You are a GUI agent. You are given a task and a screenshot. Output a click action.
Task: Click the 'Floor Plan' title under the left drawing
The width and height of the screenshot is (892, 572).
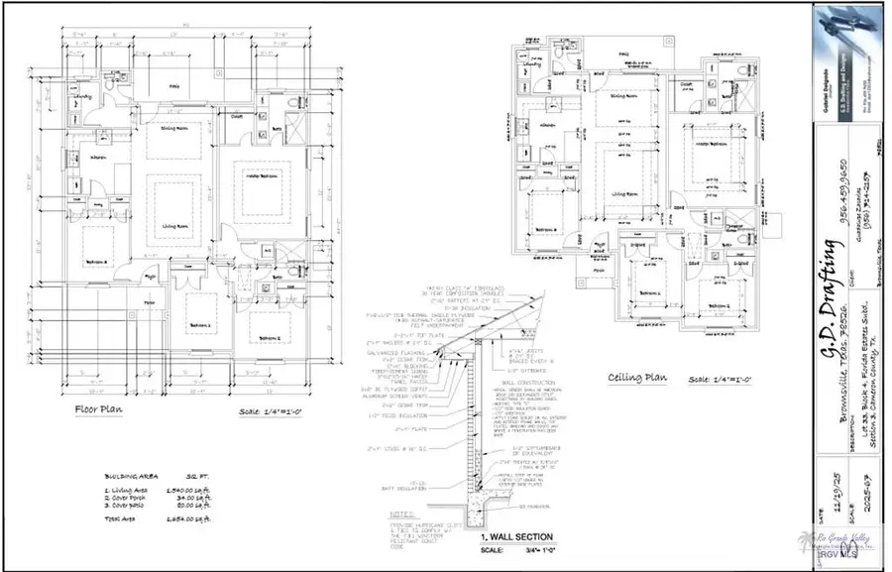[99, 409]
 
